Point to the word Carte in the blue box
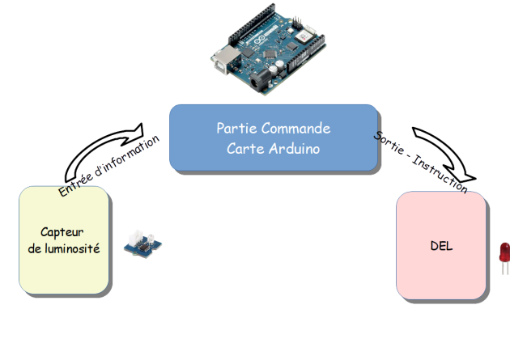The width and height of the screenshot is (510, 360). [x=244, y=149]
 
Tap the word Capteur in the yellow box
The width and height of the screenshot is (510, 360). [x=64, y=231]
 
